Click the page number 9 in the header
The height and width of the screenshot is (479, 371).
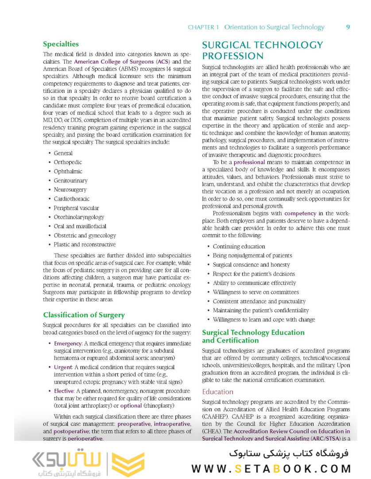pyautogui.click(x=348, y=27)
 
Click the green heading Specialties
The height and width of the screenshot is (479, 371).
pyautogui.click(x=61, y=44)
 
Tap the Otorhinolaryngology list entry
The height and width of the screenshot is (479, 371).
pyautogui.click(x=79, y=217)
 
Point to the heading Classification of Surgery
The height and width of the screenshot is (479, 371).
pyautogui.click(x=84, y=315)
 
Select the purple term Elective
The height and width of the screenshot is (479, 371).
pyautogui.click(x=64, y=391)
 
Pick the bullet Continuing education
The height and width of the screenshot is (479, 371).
pyautogui.click(x=239, y=246)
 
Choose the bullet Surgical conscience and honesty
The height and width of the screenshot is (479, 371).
pyautogui.click(x=251, y=264)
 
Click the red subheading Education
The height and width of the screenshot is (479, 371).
pyautogui.click(x=217, y=392)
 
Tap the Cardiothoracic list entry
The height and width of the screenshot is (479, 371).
pyautogui.click(x=71, y=199)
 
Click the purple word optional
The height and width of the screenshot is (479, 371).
pyautogui.click(x=131, y=406)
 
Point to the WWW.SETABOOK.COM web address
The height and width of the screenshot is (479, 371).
pyautogui.click(x=271, y=468)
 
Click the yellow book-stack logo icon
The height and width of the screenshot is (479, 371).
pyautogui.click(x=128, y=463)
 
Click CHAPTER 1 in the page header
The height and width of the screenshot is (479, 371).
pyautogui.click(x=203, y=27)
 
